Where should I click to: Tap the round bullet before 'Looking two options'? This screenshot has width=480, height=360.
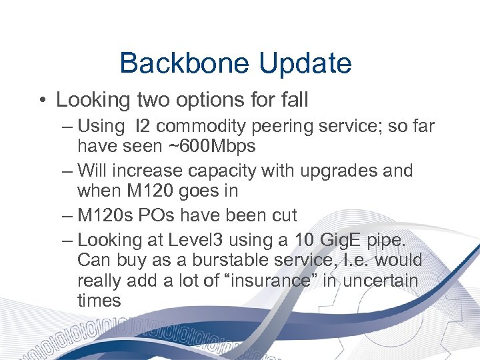tap(42, 101)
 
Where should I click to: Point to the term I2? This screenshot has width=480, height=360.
tap(143, 125)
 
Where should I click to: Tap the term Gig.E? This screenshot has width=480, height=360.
tap(349, 239)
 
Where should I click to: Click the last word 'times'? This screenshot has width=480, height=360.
tap(99, 301)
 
